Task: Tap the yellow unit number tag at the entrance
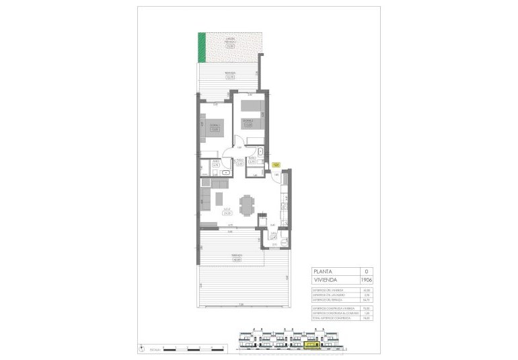tap(275, 164)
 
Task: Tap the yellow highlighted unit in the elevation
tap(311, 347)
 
